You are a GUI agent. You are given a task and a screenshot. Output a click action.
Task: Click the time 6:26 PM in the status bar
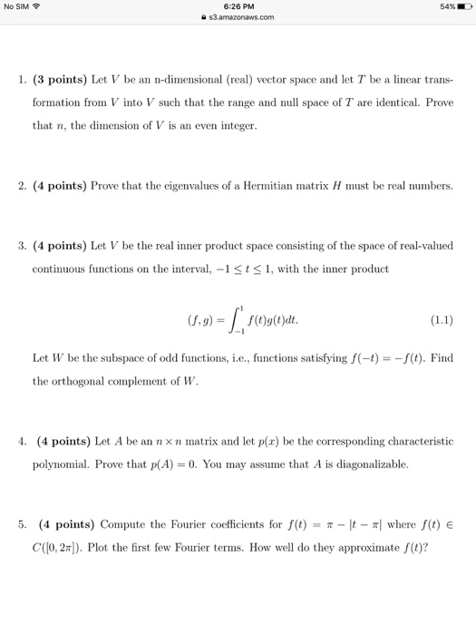[x=238, y=6]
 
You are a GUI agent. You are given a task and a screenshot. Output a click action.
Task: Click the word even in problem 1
[x=213, y=126]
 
